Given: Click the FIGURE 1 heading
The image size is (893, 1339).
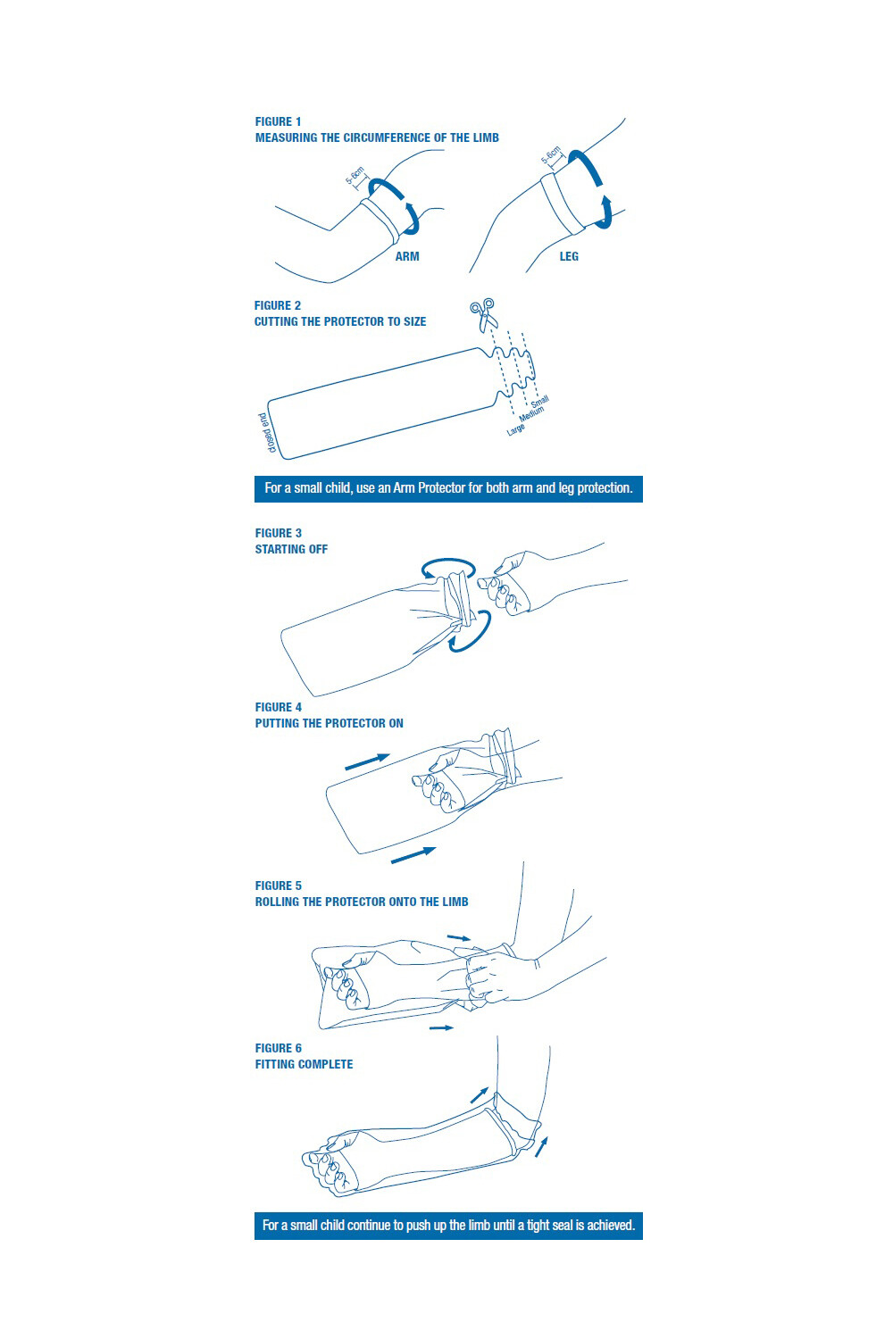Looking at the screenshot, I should (x=278, y=121).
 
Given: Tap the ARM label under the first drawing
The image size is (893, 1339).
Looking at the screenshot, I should (x=407, y=256).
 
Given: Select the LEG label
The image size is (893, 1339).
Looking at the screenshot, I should (x=569, y=256).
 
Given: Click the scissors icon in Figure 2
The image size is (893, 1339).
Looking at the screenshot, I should (x=483, y=314).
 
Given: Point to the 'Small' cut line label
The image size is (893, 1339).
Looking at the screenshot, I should (x=540, y=402).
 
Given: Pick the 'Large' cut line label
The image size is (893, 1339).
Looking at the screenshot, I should (x=516, y=429).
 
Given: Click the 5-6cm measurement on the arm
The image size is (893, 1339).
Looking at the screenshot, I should (x=355, y=175).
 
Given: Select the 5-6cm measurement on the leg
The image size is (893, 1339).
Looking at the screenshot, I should (x=551, y=156).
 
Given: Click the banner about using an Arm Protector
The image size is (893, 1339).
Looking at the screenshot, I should (x=448, y=488).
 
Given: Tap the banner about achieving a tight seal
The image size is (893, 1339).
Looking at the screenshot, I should (x=448, y=1226).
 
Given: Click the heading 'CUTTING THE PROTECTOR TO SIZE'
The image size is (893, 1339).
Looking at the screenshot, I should (x=340, y=321).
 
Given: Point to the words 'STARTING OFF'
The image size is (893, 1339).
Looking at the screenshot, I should (x=291, y=549).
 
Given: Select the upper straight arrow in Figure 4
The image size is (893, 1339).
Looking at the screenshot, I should (x=367, y=761).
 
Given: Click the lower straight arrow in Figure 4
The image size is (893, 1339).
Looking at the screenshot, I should (x=413, y=855).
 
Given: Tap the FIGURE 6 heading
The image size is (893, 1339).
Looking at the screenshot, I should (x=278, y=1048).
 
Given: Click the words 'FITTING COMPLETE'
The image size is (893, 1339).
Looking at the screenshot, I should (x=304, y=1064).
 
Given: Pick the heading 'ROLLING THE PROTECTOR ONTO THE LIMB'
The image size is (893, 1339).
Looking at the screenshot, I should (x=362, y=902).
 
